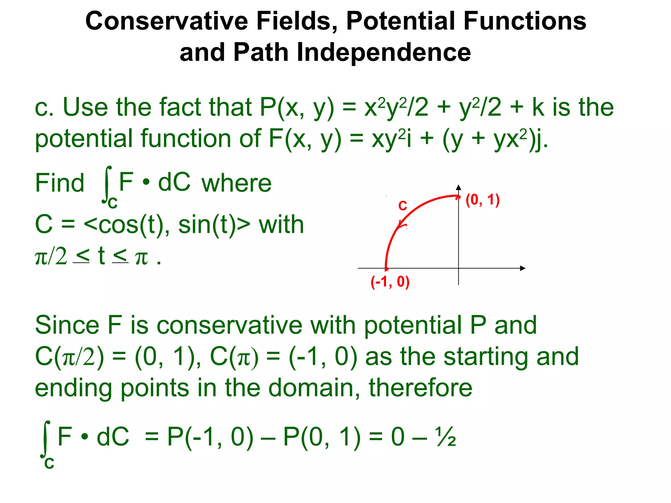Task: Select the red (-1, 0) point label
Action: point(390,282)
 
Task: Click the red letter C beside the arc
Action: point(402,206)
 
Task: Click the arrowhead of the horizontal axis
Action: point(523,268)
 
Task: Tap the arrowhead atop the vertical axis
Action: point(459,188)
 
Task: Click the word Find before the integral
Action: point(60,183)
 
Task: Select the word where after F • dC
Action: point(236,183)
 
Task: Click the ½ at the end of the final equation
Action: point(446,437)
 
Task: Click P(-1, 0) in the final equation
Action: point(210,437)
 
